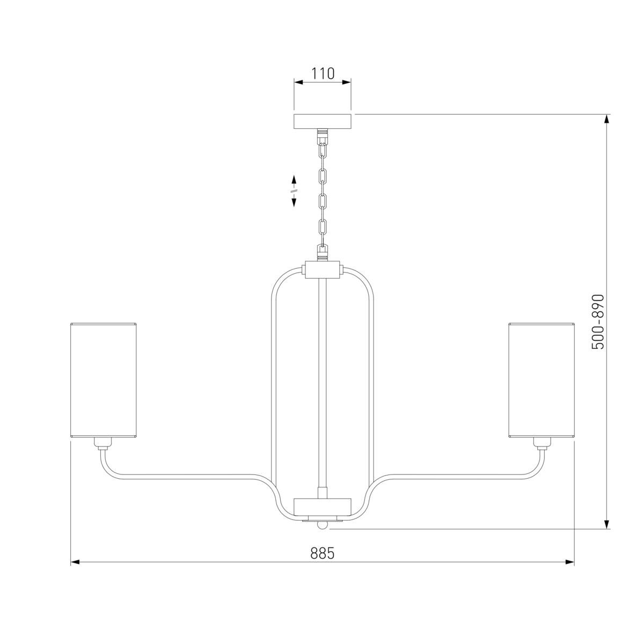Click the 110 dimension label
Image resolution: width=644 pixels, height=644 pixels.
pos(323,73)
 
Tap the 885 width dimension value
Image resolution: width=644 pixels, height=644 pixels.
pos(322,553)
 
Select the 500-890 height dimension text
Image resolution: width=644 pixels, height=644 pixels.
pos(598,322)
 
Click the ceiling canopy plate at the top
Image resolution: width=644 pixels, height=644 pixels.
pos(322,121)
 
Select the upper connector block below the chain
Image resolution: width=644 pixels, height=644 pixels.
pos(322,270)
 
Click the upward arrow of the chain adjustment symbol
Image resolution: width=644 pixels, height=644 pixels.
pos(294,180)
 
